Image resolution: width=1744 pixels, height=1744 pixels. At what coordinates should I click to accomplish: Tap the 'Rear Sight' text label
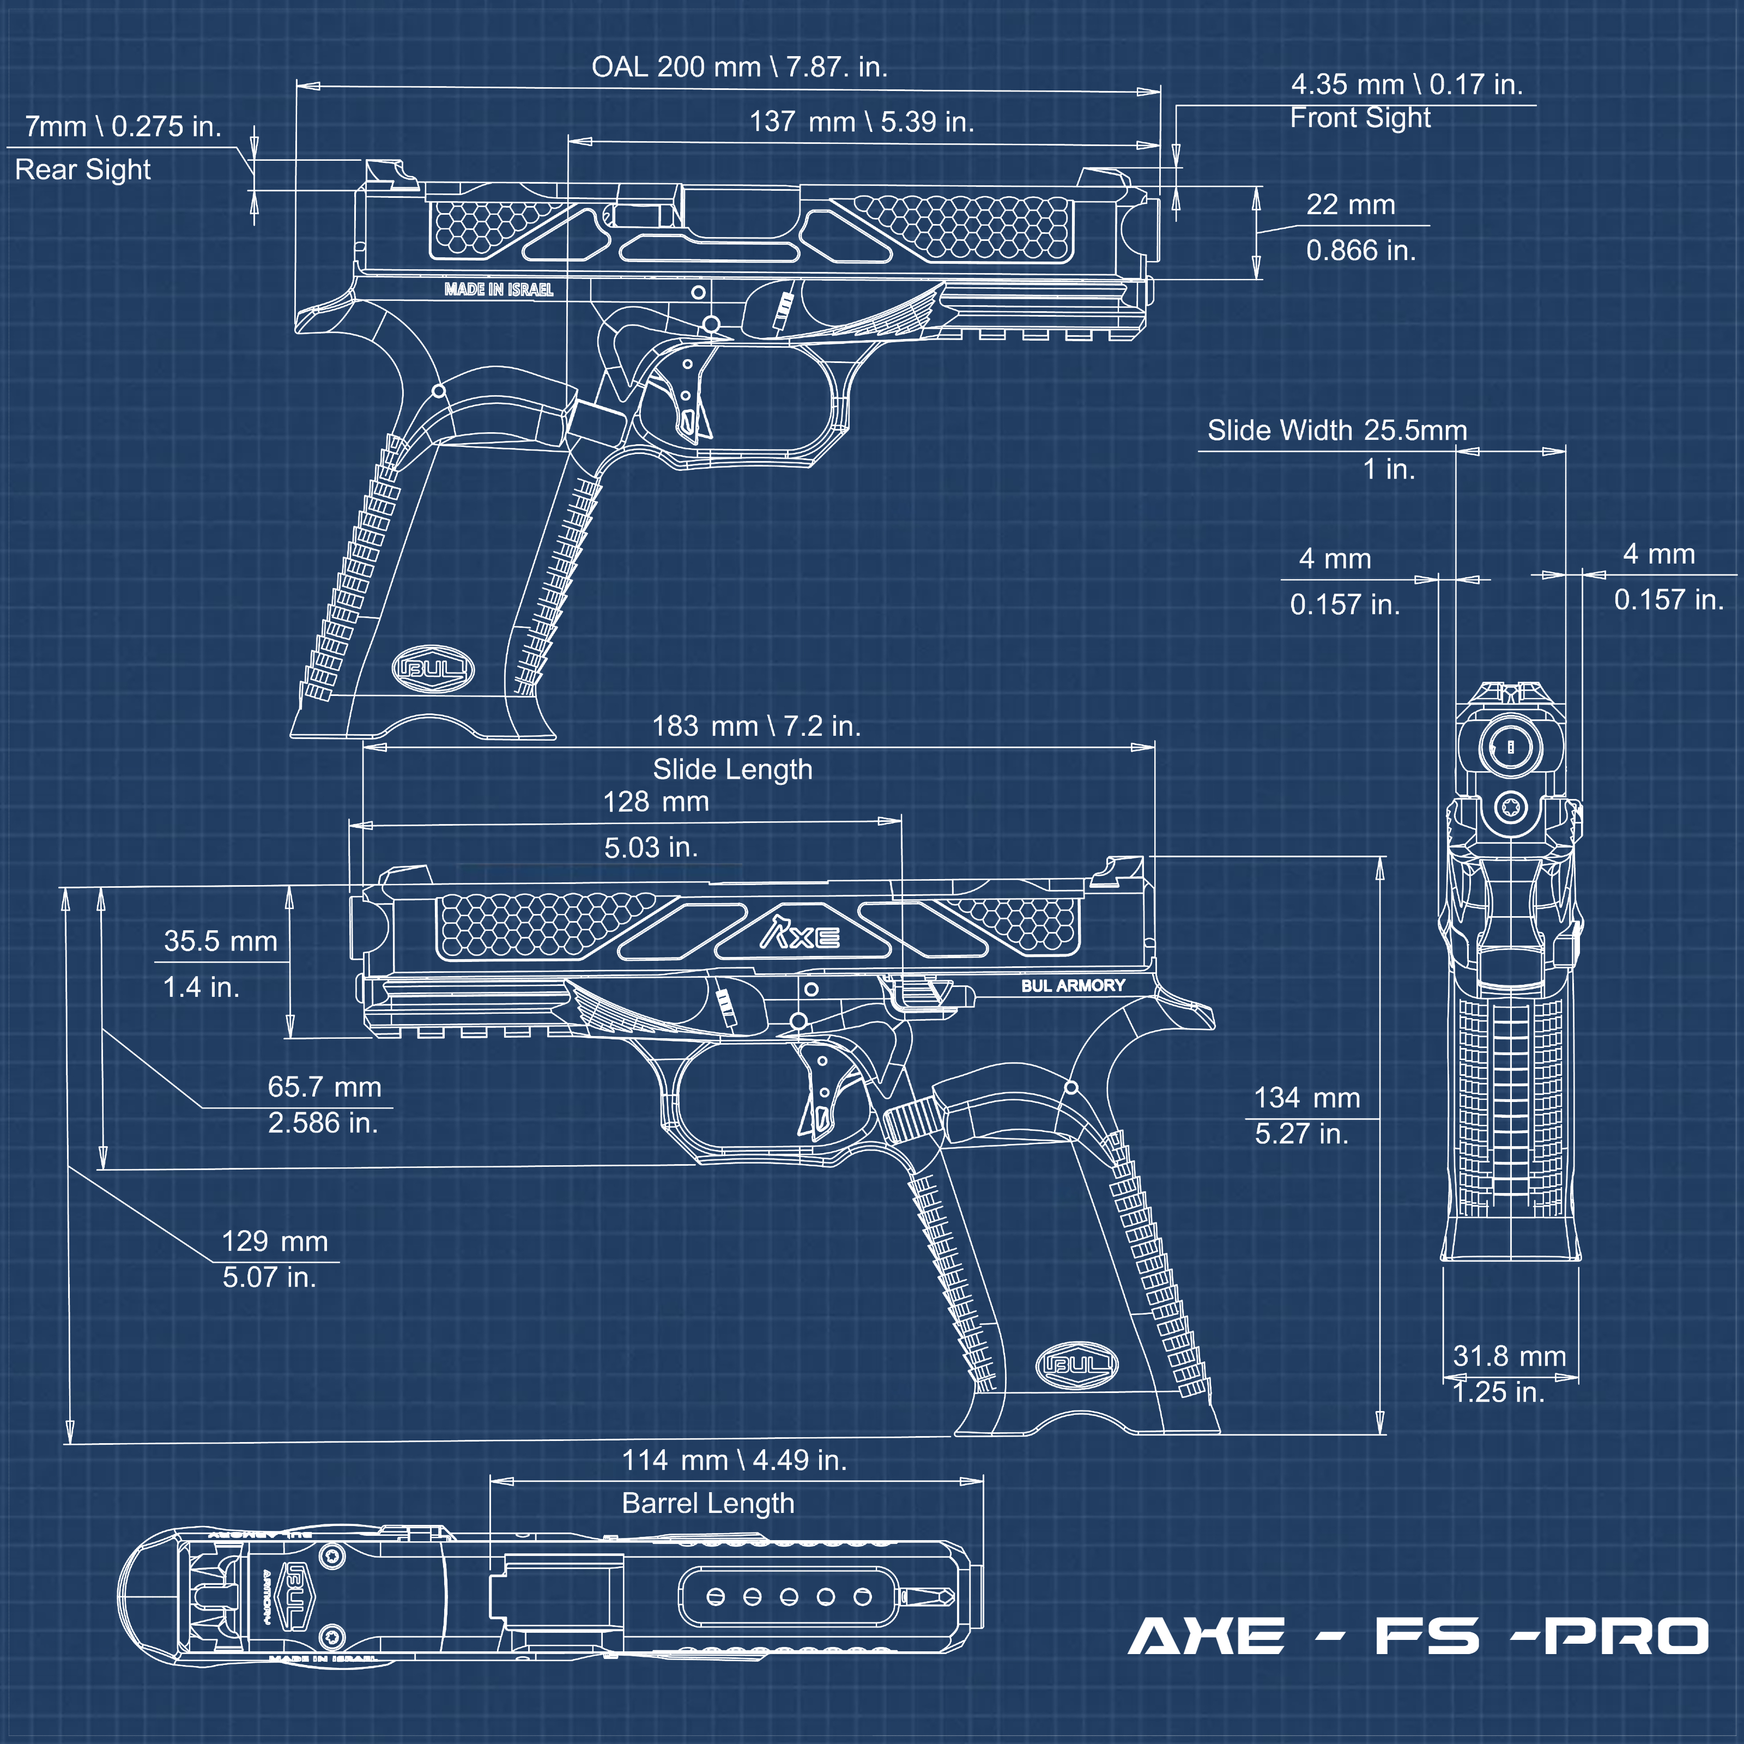point(83,169)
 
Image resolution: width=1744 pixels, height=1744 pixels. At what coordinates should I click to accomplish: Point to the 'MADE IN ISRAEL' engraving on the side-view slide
point(498,290)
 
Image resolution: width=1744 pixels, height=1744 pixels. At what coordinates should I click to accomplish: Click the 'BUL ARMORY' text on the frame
point(1073,986)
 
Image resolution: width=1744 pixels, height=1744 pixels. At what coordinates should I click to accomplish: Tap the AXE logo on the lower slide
point(800,934)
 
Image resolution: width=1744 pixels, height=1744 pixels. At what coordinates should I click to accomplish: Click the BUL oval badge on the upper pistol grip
point(433,669)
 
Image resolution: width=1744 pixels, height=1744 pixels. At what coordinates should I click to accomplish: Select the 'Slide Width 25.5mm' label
point(1337,431)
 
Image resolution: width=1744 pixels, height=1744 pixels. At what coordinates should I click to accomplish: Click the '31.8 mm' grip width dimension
point(1509,1356)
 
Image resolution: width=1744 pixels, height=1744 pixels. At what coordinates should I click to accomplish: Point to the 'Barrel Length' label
point(708,1503)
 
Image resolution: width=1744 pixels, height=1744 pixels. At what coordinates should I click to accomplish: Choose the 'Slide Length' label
point(732,769)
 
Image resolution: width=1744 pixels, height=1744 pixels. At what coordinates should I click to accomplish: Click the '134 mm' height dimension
point(1306,1098)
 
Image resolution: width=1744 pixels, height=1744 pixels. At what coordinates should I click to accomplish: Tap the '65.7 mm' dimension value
point(324,1087)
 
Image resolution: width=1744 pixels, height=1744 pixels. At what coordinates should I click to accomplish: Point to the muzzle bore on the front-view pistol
point(1510,747)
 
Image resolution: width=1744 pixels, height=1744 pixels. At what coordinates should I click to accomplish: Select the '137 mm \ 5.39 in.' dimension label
point(861,122)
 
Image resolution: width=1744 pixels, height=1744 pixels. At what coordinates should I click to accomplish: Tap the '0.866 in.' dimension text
point(1360,250)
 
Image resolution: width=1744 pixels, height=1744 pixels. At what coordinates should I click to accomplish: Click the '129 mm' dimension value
point(275,1241)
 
